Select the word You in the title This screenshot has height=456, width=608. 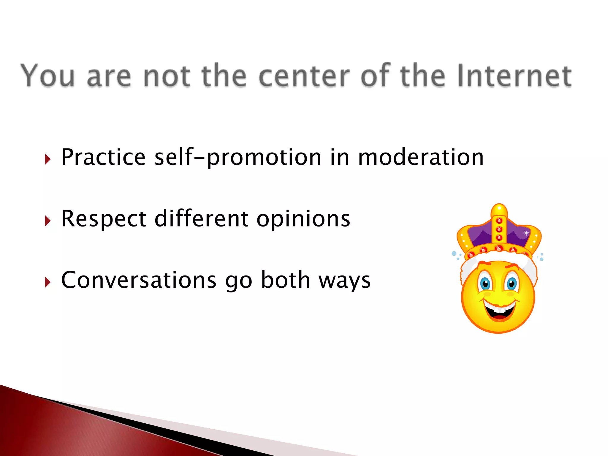pyautogui.click(x=47, y=76)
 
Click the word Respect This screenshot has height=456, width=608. pyautogui.click(x=104, y=219)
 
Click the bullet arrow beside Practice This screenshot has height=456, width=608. pyautogui.click(x=48, y=159)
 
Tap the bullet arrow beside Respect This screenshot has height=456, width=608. pyautogui.click(x=48, y=221)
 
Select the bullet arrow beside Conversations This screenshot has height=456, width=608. pyautogui.click(x=48, y=282)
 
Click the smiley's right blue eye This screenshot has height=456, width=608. pyautogui.click(x=512, y=284)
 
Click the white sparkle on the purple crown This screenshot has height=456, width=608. pyautogui.click(x=526, y=233)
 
